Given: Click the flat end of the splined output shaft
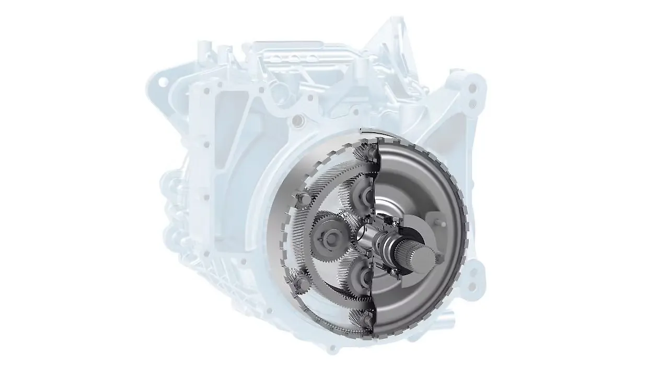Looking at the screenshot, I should (423, 257).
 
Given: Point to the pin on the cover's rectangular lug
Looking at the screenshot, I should (443, 224).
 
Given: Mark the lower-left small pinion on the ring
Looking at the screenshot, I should (302, 283).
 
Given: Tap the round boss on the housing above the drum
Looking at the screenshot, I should (298, 122).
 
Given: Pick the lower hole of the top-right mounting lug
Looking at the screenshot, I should (473, 104).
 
